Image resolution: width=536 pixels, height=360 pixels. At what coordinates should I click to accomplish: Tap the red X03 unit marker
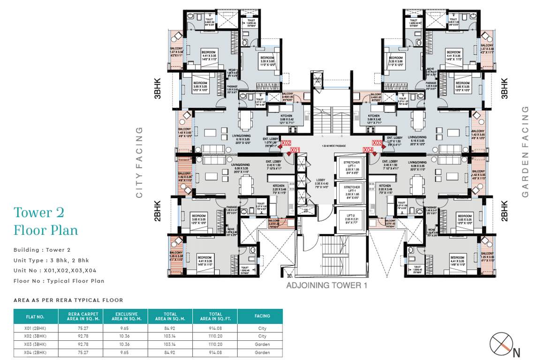377,143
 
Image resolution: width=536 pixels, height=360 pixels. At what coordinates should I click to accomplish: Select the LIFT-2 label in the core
352,215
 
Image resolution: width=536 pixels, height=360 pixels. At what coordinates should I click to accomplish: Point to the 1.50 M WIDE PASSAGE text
334,146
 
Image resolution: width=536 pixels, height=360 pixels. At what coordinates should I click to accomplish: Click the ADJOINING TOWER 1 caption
326,285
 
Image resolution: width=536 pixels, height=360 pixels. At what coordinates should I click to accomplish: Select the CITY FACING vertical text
139,162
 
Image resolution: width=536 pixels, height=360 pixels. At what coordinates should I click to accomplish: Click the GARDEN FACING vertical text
525,151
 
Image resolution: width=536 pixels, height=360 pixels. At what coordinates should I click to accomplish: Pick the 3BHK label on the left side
157,88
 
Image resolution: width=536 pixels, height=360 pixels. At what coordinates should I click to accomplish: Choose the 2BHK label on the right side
505,210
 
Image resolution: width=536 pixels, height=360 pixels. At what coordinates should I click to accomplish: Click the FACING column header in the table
262,316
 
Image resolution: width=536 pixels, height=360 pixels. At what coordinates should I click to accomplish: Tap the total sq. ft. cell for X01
216,329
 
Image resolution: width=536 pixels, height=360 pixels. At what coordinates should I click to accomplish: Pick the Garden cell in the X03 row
262,344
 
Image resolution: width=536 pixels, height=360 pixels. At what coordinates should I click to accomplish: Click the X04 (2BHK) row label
35,352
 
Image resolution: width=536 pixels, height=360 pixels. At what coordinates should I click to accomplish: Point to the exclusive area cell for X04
126,352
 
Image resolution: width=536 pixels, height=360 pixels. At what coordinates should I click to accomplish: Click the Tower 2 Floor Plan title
46,221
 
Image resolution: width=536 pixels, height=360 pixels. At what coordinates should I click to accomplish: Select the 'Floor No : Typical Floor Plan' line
59,281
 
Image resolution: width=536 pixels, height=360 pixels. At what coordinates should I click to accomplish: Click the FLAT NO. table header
35,316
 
